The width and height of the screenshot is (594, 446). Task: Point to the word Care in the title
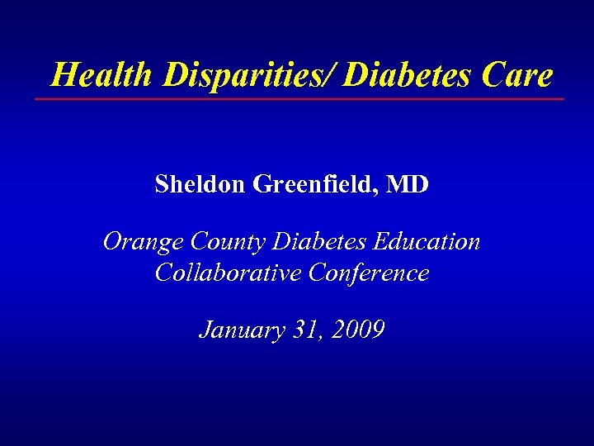(x=518, y=75)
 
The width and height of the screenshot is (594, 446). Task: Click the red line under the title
(x=299, y=99)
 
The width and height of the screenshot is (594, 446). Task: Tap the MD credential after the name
(x=408, y=184)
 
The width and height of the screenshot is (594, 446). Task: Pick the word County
(x=227, y=242)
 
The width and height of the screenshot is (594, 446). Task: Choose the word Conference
(x=369, y=273)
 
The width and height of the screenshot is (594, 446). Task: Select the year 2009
(x=356, y=330)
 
